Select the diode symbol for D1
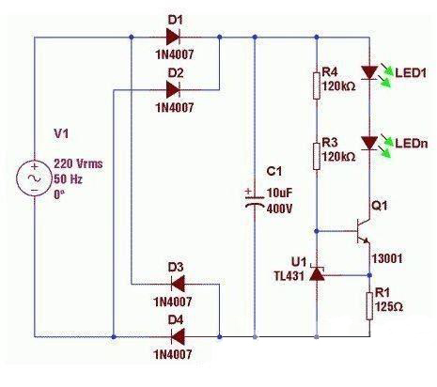pyautogui.click(x=174, y=38)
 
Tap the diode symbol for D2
pyautogui.click(x=174, y=90)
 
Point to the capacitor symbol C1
pyautogui.click(x=255, y=200)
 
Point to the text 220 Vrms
pyautogui.click(x=78, y=163)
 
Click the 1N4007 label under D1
pyautogui.click(x=175, y=55)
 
